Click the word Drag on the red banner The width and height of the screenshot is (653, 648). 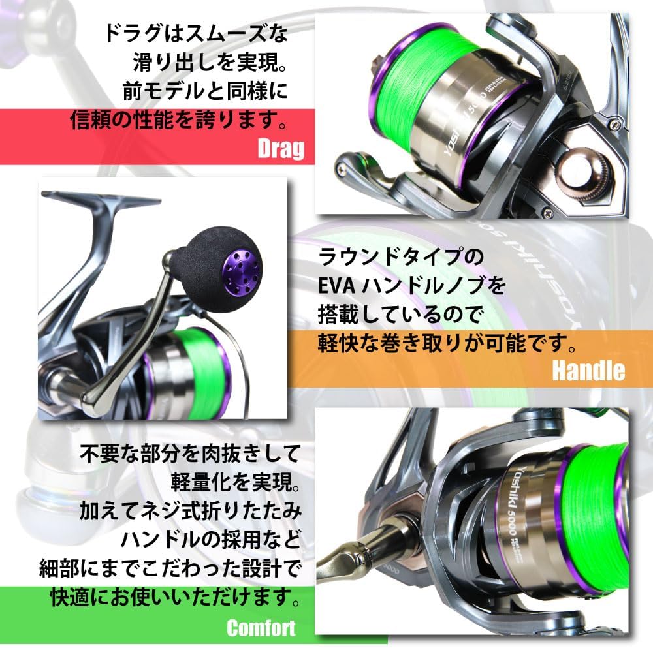point(281,149)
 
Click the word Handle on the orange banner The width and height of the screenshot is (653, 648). point(588,371)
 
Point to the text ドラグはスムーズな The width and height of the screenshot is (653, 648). point(194,33)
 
